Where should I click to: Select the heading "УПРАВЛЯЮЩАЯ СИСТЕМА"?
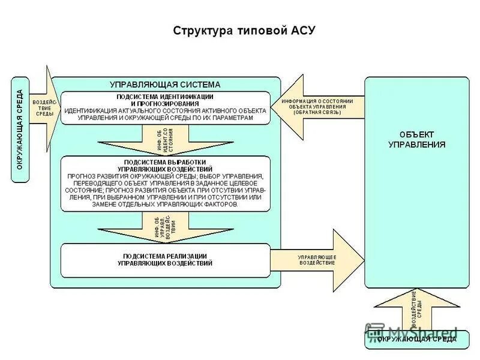[x=164, y=85]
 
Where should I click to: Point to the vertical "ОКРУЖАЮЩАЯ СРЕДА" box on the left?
[x=20, y=129]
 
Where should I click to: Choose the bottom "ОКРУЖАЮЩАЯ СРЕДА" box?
[x=416, y=340]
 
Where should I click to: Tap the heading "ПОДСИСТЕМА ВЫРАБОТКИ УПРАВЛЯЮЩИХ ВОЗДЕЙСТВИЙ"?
[x=165, y=165]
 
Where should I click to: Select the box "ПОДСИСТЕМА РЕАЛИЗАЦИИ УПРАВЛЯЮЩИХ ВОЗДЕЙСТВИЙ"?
[x=165, y=260]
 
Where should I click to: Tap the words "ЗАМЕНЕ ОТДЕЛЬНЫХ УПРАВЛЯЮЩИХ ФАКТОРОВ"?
[x=165, y=204]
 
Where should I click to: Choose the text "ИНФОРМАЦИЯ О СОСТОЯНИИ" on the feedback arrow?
[x=317, y=100]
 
